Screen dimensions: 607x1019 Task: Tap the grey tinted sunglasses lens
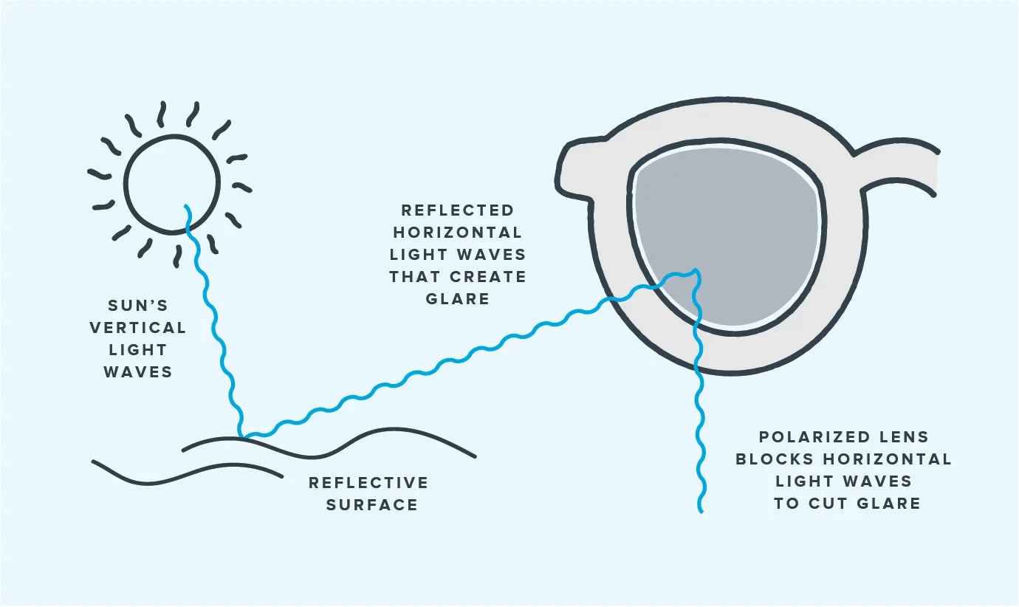point(727,222)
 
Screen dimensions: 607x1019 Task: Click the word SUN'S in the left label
point(138,306)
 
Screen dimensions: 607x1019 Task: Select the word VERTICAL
point(137,328)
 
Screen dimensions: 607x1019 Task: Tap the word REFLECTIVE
point(368,483)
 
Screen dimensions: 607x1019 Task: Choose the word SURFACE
point(372,505)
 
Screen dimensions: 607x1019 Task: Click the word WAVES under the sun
point(137,372)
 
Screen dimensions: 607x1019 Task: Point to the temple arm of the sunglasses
point(897,166)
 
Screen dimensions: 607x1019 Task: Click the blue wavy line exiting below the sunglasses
point(698,443)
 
